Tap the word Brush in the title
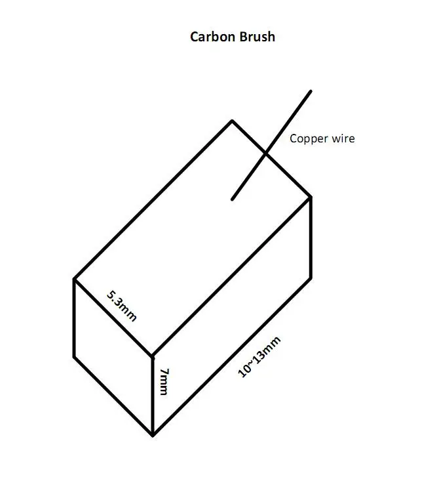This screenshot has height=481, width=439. tap(258, 37)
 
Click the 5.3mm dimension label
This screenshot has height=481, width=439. tap(122, 305)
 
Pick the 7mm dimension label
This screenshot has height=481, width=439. tap(164, 381)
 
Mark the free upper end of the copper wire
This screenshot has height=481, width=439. tap(311, 91)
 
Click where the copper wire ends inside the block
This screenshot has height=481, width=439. tap(231, 198)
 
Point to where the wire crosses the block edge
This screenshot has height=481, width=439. tap(265, 154)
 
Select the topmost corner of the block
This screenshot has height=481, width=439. tap(231, 121)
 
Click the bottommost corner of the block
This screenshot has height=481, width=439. tap(153, 435)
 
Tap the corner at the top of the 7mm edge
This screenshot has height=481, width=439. tap(153, 356)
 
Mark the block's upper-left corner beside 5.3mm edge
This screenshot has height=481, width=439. tap(74, 279)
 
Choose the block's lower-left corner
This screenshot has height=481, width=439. tap(74, 358)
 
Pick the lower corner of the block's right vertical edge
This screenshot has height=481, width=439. tap(311, 278)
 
